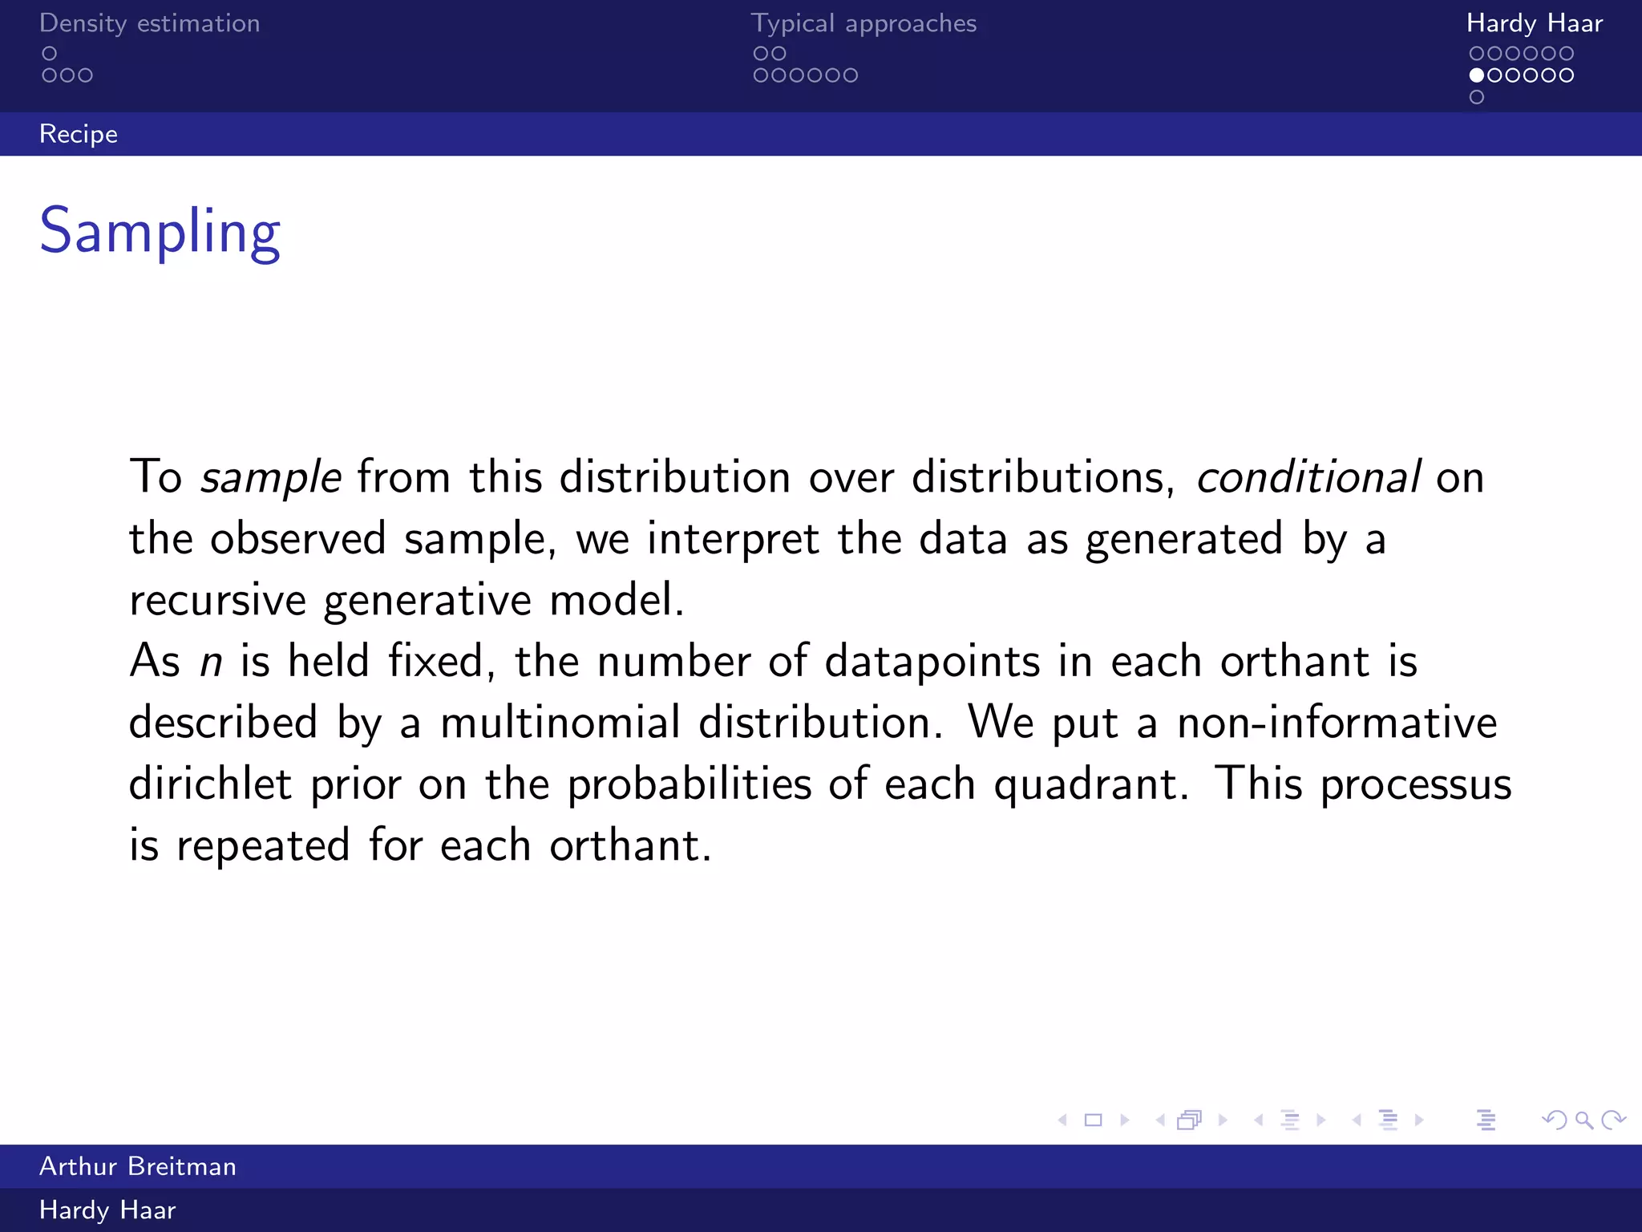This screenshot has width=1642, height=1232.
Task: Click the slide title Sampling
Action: point(160,231)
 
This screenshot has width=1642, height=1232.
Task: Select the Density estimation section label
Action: point(149,23)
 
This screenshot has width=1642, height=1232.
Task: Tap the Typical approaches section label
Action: point(863,23)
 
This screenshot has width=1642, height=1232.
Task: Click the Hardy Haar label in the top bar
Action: point(1534,23)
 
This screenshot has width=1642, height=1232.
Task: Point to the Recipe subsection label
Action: point(79,134)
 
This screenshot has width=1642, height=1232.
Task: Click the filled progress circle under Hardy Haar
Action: point(1477,75)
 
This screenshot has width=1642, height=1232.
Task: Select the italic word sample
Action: point(271,477)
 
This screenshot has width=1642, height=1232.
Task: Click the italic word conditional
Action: point(1308,477)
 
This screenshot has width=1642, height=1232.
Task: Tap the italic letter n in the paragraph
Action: point(211,663)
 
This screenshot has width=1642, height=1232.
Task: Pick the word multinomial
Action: point(560,723)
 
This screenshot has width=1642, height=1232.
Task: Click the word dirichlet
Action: point(210,784)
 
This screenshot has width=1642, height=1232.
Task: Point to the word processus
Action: point(1415,785)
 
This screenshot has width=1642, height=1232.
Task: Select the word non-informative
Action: point(1337,723)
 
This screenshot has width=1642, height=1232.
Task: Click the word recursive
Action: point(217,600)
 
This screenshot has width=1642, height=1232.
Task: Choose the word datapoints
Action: point(932,663)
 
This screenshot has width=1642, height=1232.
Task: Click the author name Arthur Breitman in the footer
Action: point(138,1166)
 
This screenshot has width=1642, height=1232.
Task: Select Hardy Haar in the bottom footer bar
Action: point(107,1210)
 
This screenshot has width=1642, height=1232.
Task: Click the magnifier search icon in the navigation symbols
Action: point(1583,1120)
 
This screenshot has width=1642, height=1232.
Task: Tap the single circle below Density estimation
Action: point(50,54)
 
